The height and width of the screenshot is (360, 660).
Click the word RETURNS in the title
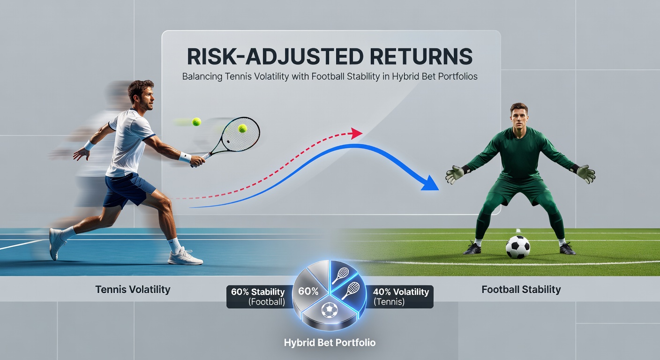click(421, 56)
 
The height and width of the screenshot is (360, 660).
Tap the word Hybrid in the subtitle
click(404, 76)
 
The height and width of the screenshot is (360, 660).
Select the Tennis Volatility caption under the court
click(133, 290)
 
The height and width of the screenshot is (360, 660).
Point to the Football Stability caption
click(521, 290)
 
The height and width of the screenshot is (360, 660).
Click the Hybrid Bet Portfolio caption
click(330, 343)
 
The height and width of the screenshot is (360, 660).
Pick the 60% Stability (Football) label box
click(260, 297)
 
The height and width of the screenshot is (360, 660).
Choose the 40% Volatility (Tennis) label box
click(399, 297)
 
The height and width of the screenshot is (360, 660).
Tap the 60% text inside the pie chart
click(308, 292)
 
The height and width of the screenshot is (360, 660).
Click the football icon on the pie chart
click(330, 310)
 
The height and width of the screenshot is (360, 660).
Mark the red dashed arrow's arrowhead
click(357, 134)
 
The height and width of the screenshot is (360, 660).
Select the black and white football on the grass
click(517, 247)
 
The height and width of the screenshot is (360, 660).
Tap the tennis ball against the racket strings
click(242, 128)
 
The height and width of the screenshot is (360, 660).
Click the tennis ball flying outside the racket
click(196, 122)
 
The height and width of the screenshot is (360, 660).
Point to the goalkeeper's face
click(519, 118)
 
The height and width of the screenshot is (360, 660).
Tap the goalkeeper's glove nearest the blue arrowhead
click(456, 174)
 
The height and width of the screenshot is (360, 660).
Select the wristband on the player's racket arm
click(185, 157)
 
